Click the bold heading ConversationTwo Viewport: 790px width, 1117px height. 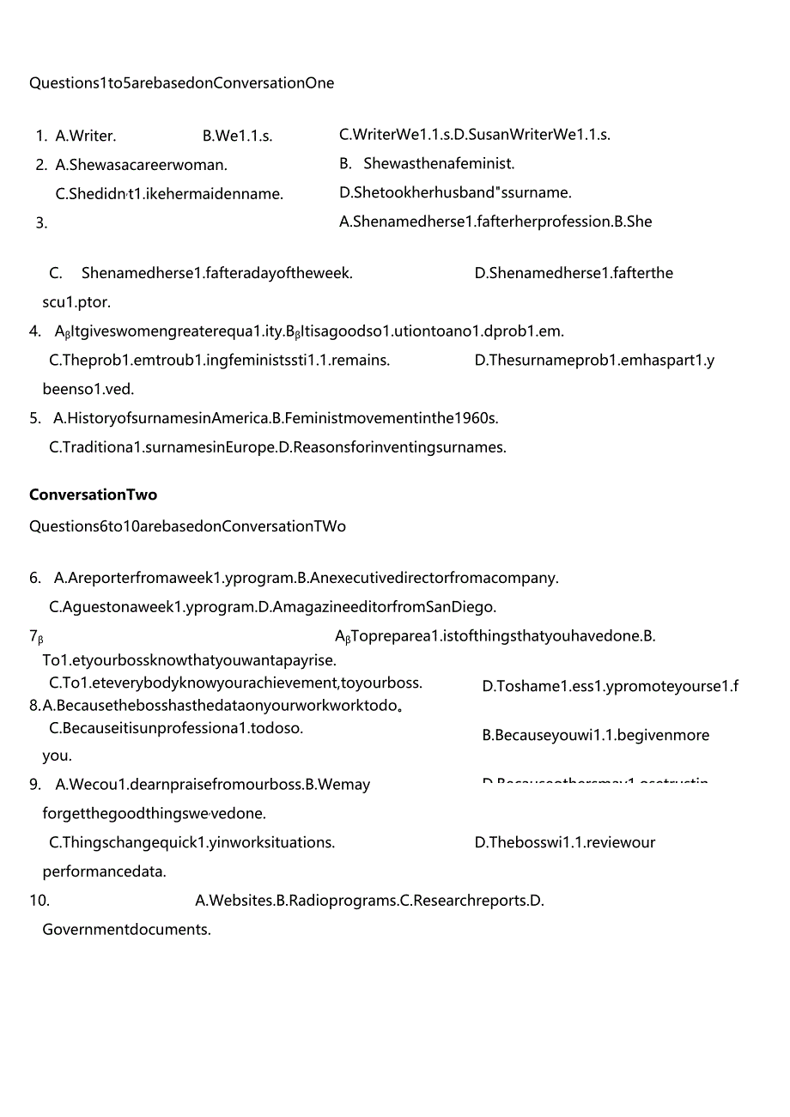pos(93,495)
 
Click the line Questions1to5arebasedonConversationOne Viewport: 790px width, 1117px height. pos(181,83)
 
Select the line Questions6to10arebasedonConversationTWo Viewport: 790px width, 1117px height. pos(187,526)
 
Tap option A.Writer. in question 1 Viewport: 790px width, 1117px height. pos(86,136)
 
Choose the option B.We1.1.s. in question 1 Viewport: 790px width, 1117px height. pos(237,136)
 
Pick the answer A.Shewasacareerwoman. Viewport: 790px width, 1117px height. pos(141,165)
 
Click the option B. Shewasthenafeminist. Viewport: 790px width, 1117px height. pos(427,163)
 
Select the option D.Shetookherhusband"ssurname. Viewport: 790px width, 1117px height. pos(455,192)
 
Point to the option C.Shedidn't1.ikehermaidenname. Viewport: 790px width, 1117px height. pos(169,194)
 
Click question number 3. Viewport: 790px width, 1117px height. pos(41,223)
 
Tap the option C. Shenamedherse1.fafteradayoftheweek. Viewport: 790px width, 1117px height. pos(201,273)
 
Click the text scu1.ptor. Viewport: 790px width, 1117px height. pos(76,302)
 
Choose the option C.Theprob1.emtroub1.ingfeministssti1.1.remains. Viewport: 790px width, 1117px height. pos(220,360)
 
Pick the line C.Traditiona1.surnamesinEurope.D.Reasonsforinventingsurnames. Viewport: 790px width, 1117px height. pos(277,447)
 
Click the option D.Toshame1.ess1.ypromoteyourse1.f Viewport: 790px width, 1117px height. pos(610,686)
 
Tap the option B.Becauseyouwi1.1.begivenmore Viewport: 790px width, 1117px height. pos(595,735)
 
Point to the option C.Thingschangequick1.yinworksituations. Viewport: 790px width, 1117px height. pos(192,842)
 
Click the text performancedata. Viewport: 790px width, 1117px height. pos(104,871)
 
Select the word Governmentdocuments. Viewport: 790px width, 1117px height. pos(126,929)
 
